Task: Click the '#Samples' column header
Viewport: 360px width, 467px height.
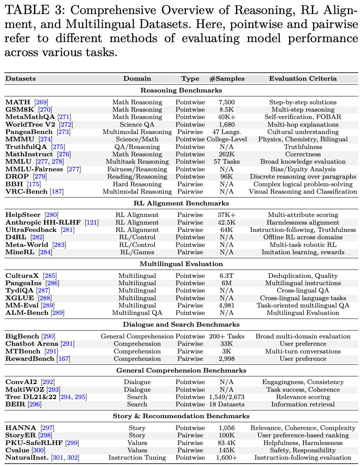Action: [227, 79]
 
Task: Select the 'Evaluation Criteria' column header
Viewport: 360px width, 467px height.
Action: [303, 79]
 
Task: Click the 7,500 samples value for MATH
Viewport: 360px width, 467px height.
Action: [227, 102]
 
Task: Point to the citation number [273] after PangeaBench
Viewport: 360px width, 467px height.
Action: [63, 132]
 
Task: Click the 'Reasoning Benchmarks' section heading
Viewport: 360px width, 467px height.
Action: [181, 91]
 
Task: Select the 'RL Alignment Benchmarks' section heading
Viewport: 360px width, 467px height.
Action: [181, 203]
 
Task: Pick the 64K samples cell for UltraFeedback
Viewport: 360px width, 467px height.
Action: [227, 230]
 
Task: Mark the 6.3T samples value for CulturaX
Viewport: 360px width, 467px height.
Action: [227, 276]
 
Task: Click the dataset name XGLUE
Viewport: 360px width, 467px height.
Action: [19, 298]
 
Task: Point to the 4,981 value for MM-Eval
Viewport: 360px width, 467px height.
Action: [227, 306]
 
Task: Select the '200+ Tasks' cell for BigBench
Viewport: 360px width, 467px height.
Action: [227, 337]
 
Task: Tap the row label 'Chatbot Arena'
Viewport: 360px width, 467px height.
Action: [32, 344]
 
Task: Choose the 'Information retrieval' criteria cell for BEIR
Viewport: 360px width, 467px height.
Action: [303, 404]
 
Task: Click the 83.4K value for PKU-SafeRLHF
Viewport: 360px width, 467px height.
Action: [227, 443]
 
